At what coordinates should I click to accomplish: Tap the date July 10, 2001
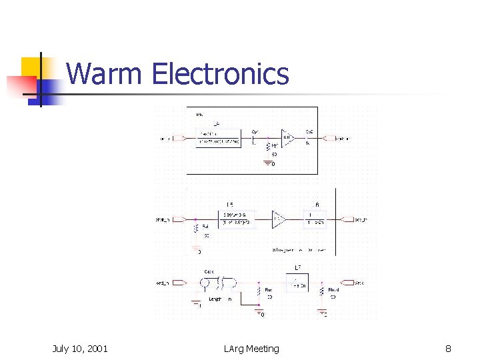80,348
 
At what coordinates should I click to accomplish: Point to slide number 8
448,348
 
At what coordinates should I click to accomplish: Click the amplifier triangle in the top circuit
287,139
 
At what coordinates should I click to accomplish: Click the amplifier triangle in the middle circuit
278,219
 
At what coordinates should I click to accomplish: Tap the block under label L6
315,219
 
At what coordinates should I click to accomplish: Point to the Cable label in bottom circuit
209,271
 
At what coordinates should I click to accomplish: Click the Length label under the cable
215,299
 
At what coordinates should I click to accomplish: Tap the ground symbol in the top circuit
268,162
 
